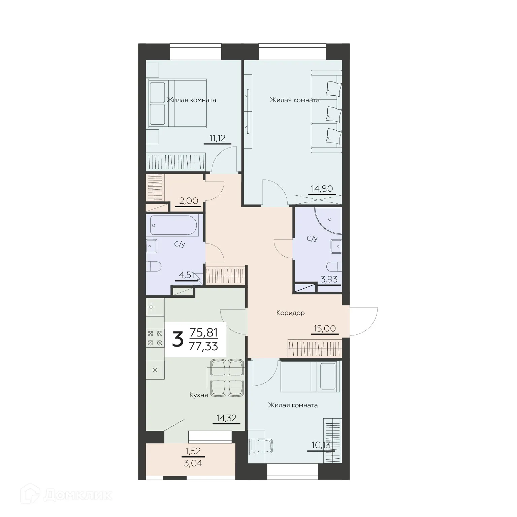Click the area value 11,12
click(x=217, y=138)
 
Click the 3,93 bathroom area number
click(x=329, y=279)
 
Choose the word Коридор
click(x=290, y=313)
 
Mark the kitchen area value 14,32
click(x=226, y=418)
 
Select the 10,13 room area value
click(x=321, y=445)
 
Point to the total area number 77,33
click(x=203, y=346)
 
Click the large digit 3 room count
click(x=177, y=340)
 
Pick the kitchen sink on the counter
click(x=155, y=307)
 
